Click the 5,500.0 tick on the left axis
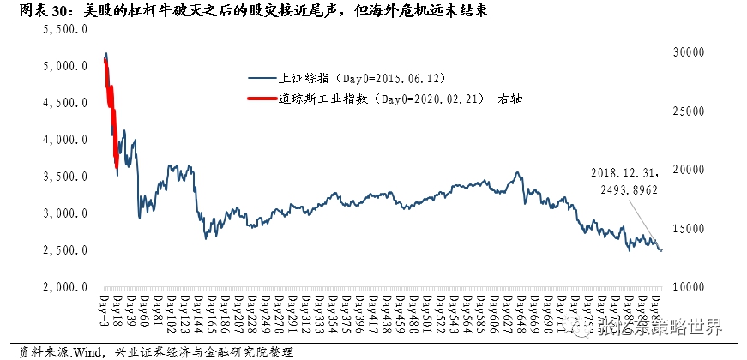pos(66,28)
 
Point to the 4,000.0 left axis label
pos(66,139)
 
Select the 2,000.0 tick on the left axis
pos(66,287)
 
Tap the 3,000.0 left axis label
pos(66,213)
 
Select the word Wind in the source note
pos(77,351)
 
